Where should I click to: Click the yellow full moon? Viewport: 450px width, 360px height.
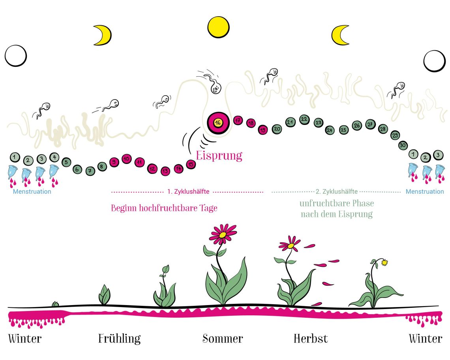pyautogui.click(x=218, y=27)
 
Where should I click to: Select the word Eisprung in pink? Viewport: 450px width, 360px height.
pyautogui.click(x=219, y=155)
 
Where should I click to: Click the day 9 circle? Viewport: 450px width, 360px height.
pyautogui.click(x=114, y=162)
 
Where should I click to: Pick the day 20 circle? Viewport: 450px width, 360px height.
pyautogui.click(x=277, y=128)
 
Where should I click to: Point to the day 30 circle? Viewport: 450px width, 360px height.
pyautogui.click(x=403, y=145)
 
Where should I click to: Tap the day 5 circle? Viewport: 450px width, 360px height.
pyautogui.click(x=66, y=162)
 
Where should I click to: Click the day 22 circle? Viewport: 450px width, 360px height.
pyautogui.click(x=304, y=119)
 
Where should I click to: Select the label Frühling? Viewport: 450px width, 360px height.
pyautogui.click(x=119, y=339)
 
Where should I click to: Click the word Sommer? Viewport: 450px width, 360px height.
pyautogui.click(x=223, y=339)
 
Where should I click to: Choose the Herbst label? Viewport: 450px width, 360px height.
pyautogui.click(x=311, y=339)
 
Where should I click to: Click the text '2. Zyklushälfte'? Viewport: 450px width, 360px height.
pyautogui.click(x=337, y=192)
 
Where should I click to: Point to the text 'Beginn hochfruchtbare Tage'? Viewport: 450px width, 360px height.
pyautogui.click(x=164, y=208)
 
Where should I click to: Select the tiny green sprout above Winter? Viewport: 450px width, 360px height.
pyautogui.click(x=56, y=304)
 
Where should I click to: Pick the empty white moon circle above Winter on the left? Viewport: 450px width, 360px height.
pyautogui.click(x=16, y=56)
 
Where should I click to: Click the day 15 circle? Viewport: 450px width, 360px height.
pyautogui.click(x=191, y=164)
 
